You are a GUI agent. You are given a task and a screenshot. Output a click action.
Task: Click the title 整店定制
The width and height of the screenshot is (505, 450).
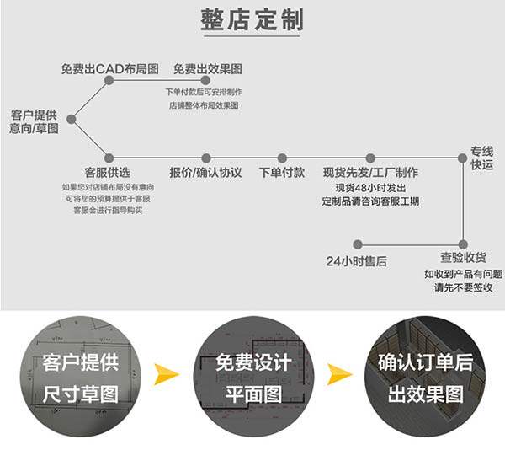(252, 20)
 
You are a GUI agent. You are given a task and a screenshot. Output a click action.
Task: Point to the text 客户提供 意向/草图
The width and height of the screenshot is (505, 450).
(35, 121)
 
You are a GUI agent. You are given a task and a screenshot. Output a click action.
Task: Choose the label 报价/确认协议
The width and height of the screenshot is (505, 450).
(205, 172)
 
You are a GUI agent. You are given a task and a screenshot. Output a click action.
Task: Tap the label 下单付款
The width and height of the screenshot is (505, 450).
(282, 172)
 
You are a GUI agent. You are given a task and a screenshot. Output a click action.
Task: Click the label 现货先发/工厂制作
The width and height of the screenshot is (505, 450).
(370, 172)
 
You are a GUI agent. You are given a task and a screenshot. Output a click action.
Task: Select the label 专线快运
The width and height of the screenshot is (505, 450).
(481, 158)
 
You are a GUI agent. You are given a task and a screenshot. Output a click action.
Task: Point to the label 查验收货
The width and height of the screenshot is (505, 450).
(463, 258)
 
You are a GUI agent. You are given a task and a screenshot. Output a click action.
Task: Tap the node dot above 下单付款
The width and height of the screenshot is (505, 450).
(282, 158)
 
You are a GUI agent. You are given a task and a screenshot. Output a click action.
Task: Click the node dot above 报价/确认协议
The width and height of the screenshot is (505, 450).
(205, 158)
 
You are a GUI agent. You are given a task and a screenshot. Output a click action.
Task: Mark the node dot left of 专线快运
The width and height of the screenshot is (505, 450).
(462, 158)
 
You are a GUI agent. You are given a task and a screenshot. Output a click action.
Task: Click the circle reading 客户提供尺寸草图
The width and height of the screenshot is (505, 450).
(80, 377)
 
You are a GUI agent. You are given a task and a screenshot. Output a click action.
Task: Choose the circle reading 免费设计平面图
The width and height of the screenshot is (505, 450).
(253, 377)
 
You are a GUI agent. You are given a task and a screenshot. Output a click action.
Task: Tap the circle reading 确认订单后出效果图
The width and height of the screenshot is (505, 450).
(426, 377)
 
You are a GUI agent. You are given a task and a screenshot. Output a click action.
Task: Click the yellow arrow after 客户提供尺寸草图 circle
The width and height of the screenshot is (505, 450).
(167, 373)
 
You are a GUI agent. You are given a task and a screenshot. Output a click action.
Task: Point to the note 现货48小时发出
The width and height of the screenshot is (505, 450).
(370, 187)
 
